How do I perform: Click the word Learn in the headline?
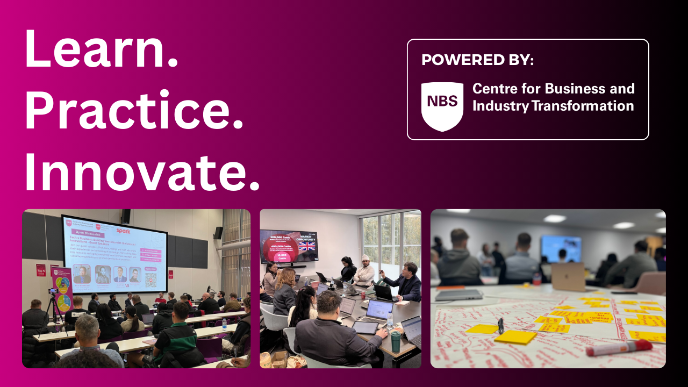[x=101, y=48]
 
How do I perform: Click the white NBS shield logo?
[x=442, y=106]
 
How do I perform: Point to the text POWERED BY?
[x=477, y=60]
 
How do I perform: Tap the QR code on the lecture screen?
[x=151, y=279]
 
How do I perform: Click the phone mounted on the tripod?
[x=53, y=291]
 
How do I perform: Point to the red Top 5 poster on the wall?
[x=41, y=270]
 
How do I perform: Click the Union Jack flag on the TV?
[x=307, y=246]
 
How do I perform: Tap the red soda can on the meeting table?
[x=363, y=295]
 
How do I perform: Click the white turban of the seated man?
[x=366, y=257]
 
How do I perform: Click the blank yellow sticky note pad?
[x=515, y=337]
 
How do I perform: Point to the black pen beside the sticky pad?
[x=501, y=325]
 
